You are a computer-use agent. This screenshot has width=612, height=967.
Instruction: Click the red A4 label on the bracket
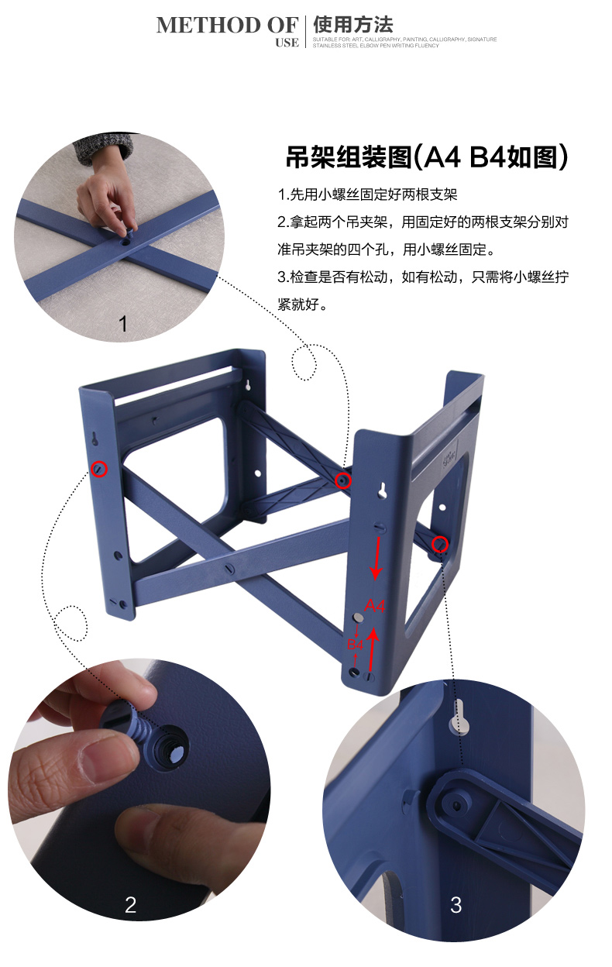[x=375, y=606]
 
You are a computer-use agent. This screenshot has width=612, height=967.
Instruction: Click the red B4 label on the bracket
[x=356, y=645]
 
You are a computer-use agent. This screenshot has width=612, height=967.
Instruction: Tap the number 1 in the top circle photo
[x=123, y=324]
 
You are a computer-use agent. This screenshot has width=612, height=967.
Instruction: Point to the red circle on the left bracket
[x=99, y=469]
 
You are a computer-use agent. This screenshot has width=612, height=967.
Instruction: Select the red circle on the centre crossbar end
[x=343, y=480]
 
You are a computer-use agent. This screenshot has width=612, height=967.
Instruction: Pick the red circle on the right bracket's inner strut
[x=440, y=544]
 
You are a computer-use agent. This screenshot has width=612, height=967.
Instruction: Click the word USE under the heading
[x=287, y=43]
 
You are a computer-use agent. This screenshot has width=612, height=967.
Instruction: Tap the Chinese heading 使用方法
[x=353, y=25]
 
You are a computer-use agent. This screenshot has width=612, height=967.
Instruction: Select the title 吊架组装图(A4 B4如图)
[x=426, y=157]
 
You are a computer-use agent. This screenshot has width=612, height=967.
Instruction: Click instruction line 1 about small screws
[x=367, y=194]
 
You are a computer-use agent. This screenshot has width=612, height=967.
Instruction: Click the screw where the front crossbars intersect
[x=229, y=569]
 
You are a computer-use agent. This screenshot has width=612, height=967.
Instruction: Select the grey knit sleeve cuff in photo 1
[x=104, y=148]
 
